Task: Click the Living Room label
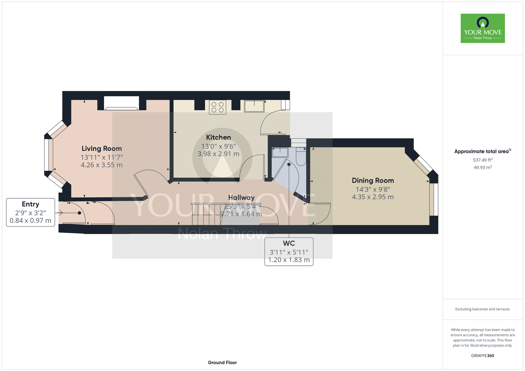click(102, 149)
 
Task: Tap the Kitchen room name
click(218, 137)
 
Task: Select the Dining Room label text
click(373, 181)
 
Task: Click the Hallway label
click(241, 198)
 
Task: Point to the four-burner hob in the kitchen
click(217, 107)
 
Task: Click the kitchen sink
click(254, 106)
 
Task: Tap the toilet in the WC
click(301, 157)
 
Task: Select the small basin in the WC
click(280, 152)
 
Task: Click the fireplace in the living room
click(122, 103)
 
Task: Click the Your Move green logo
click(482, 28)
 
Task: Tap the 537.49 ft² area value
click(482, 160)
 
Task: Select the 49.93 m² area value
click(482, 167)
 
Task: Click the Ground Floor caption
click(222, 362)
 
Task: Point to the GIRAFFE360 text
click(482, 356)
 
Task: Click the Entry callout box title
click(30, 204)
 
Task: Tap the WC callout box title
click(289, 243)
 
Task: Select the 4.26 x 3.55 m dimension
click(102, 165)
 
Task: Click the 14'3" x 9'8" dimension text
click(373, 189)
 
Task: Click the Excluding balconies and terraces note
click(482, 309)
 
